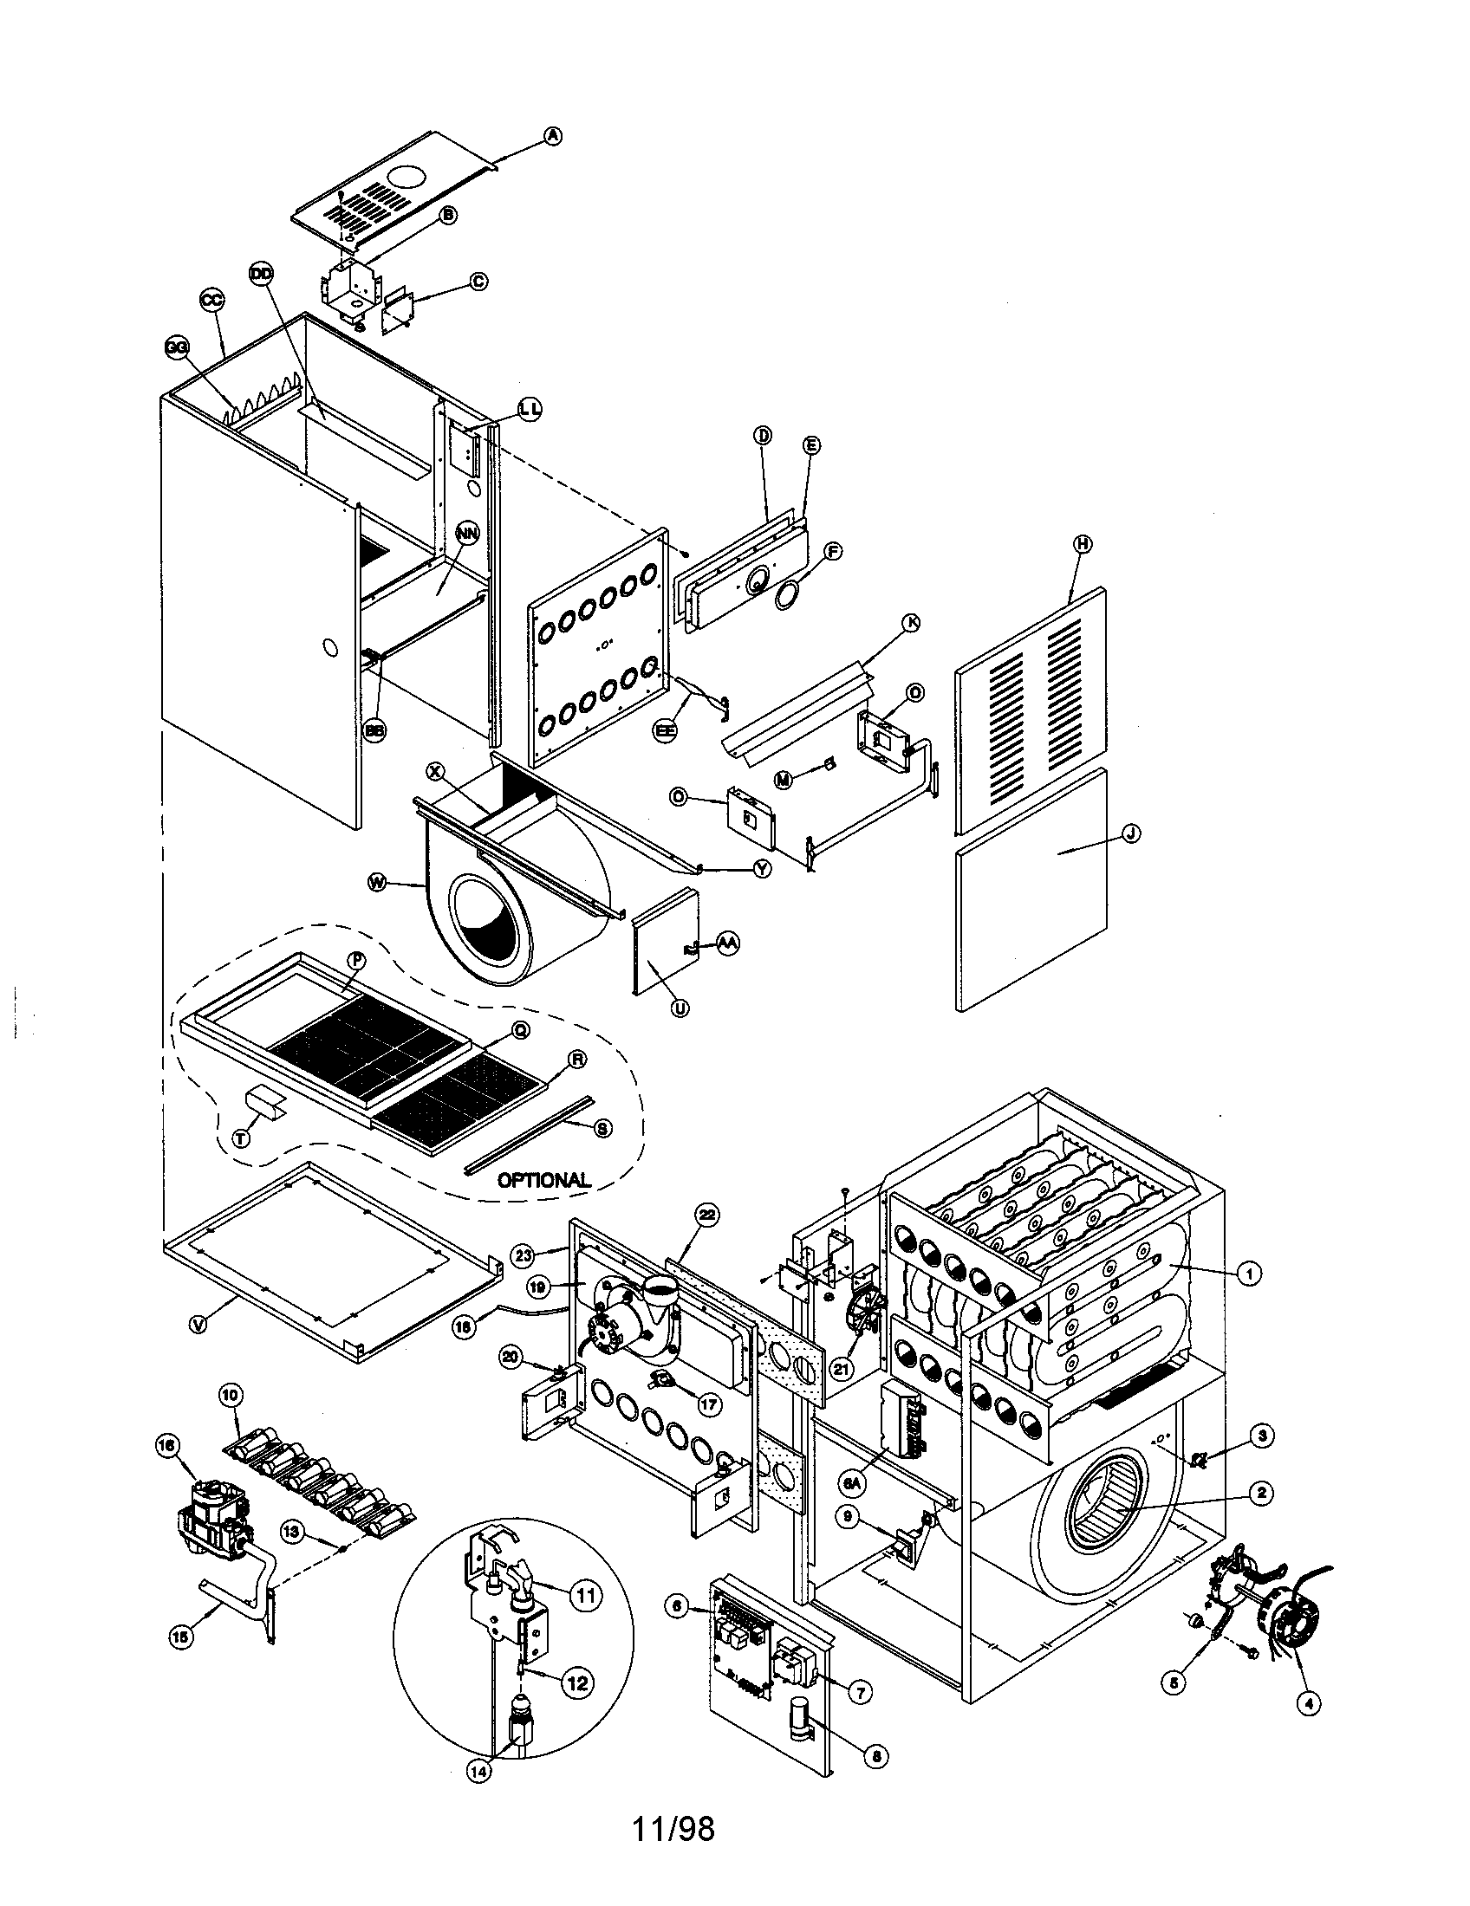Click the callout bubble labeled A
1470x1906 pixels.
point(552,135)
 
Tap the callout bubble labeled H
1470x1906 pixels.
point(1083,543)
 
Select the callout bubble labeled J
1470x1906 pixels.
point(1129,833)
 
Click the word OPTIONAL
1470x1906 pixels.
point(543,1180)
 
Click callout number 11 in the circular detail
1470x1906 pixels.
point(586,1595)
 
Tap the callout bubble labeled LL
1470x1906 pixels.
point(529,408)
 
